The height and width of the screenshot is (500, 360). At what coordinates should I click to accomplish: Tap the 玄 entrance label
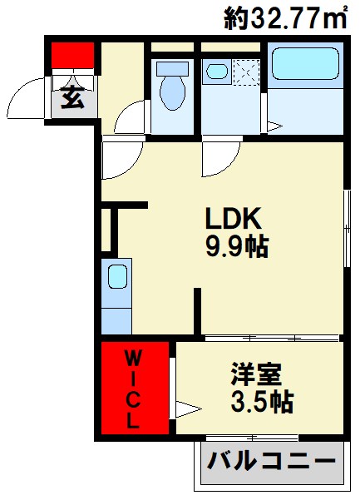(x=72, y=100)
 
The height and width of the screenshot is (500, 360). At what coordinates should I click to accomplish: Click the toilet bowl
(x=173, y=88)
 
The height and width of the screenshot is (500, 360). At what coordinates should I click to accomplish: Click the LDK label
(x=234, y=220)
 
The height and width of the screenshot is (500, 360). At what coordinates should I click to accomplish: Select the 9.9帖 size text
(x=237, y=247)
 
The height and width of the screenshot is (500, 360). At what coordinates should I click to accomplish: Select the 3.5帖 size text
(x=260, y=403)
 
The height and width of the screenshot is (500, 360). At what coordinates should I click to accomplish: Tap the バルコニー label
(x=270, y=459)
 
